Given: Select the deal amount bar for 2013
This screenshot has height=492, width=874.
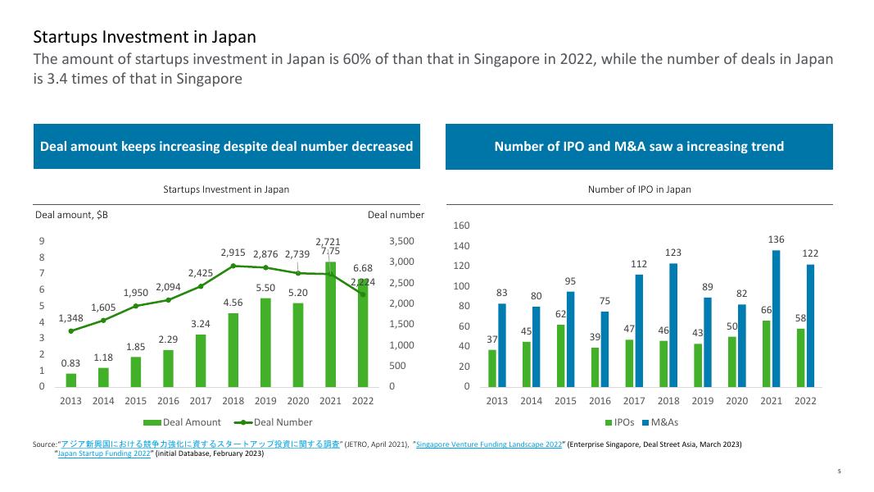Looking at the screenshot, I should click(71, 380).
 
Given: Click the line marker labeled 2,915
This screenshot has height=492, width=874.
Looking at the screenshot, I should click(233, 266).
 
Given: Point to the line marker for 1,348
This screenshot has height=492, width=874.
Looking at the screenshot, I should click(71, 331).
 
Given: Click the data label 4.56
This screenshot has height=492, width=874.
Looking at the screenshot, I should click(233, 303).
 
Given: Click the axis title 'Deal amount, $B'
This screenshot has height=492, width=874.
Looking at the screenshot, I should click(71, 215).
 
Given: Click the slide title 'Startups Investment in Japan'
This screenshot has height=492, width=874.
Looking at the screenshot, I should click(144, 37).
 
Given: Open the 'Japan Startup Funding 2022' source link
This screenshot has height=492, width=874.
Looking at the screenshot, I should click(105, 453).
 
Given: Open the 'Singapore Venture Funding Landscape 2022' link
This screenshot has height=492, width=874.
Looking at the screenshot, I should click(489, 444).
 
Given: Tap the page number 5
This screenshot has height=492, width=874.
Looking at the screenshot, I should click(839, 471).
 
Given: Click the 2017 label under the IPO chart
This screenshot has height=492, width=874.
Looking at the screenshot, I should click(634, 401).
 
